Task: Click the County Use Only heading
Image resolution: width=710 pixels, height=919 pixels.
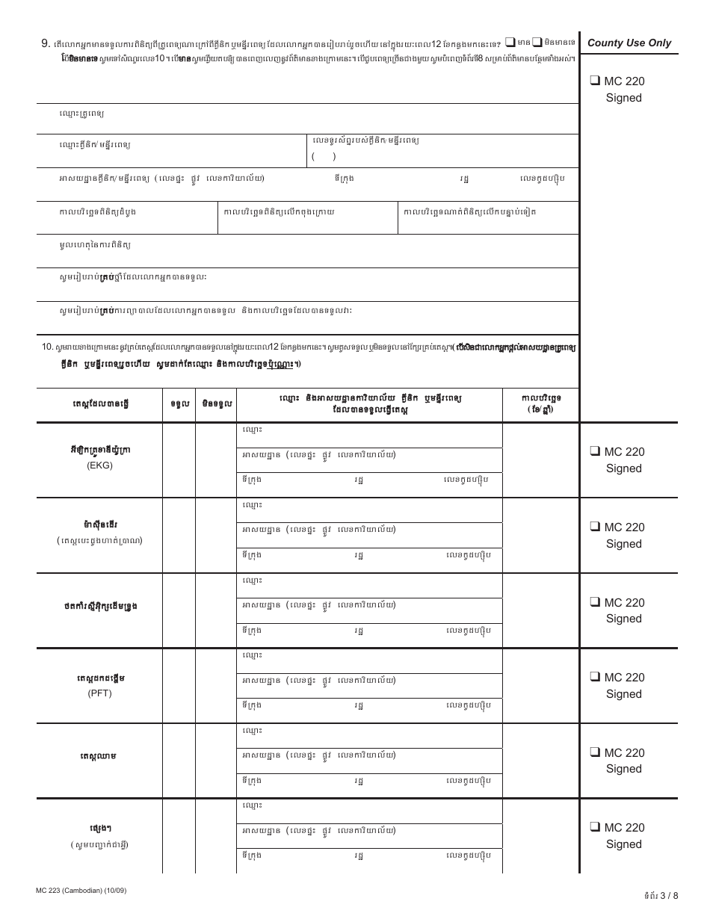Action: [x=629, y=43]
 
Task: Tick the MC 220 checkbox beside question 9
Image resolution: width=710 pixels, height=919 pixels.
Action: [x=595, y=81]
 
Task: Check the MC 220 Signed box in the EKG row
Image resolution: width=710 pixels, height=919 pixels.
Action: [x=595, y=451]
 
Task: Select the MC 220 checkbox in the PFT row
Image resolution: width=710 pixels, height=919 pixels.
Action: [x=595, y=677]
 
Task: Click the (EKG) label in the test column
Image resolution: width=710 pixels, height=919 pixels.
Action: [x=99, y=465]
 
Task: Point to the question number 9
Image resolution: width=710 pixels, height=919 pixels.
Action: [x=46, y=43]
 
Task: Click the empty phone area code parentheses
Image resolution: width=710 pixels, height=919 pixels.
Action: [x=324, y=156]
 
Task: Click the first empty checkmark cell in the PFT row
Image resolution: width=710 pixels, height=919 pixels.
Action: [x=179, y=685]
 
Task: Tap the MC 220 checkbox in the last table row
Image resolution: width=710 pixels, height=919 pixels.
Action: [x=595, y=827]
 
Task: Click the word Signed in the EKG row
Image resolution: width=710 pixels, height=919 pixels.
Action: [x=624, y=468]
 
